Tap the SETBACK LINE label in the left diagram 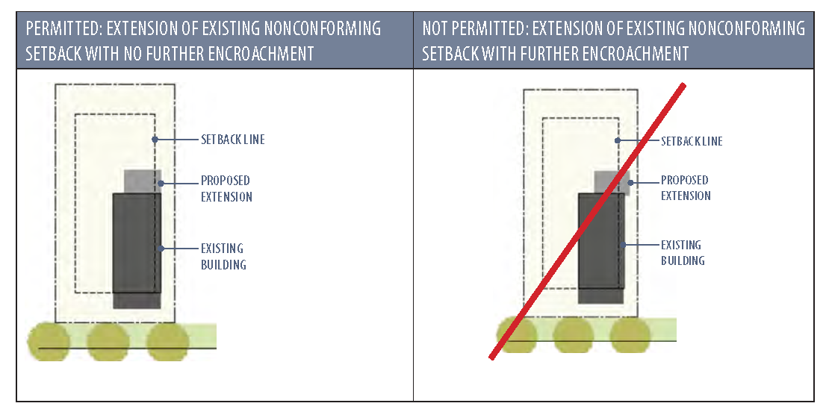point(232,140)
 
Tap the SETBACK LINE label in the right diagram point(692,141)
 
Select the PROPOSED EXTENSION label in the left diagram point(226,189)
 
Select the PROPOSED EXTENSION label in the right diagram point(686,188)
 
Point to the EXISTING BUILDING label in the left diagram point(223,256)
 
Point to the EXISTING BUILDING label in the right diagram point(683,252)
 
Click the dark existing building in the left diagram point(137,246)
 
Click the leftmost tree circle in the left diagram point(49,342)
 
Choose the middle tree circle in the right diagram point(574,335)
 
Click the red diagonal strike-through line point(588,222)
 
